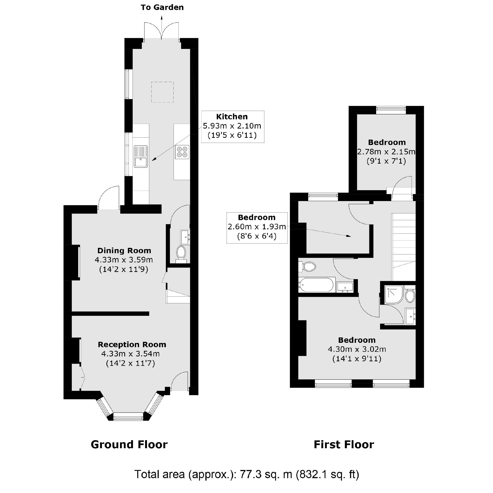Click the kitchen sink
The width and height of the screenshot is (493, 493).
pos(141,157)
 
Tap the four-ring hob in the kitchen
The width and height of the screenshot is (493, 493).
pos(182,152)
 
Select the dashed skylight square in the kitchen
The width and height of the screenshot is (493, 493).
pos(162,92)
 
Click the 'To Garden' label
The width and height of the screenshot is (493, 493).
pos(162,7)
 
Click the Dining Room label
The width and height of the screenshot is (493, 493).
pos(124,250)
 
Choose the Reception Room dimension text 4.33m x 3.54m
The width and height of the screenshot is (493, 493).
pos(130,354)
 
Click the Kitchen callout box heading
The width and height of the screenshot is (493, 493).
pos(232,117)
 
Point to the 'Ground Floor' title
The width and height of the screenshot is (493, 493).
pos(129,445)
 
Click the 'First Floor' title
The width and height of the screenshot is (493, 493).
pos(344,445)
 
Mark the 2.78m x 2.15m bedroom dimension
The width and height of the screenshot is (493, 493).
pos(386,152)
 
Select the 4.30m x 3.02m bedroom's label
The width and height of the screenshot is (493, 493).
pos(357,340)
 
